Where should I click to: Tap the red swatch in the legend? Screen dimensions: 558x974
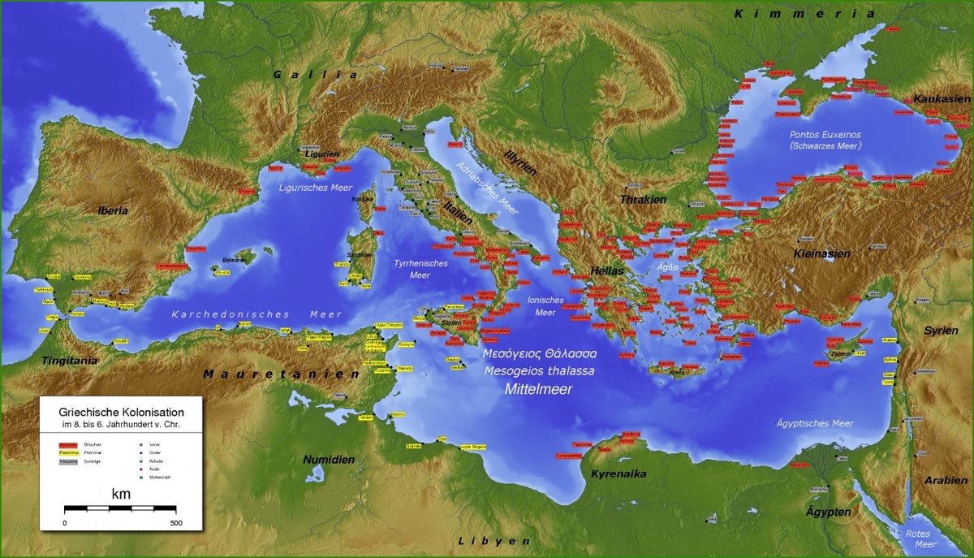[67, 444]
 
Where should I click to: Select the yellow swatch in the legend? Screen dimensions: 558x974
[67, 452]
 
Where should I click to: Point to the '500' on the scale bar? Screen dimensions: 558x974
[176, 522]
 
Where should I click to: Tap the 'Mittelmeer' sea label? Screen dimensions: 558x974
[539, 389]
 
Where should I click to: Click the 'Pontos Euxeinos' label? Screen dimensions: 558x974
[825, 133]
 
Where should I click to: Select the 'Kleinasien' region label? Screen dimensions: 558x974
[821, 253]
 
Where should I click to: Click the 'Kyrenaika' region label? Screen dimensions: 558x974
[618, 474]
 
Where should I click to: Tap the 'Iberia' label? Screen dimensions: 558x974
[113, 210]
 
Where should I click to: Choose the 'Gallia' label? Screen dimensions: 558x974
[315, 75]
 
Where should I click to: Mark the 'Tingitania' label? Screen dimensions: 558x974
[71, 360]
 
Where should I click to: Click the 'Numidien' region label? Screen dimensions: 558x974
[329, 460]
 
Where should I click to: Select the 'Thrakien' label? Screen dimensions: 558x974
[643, 200]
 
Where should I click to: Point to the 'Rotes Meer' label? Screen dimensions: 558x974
[918, 539]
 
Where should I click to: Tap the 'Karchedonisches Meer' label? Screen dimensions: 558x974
[256, 314]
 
